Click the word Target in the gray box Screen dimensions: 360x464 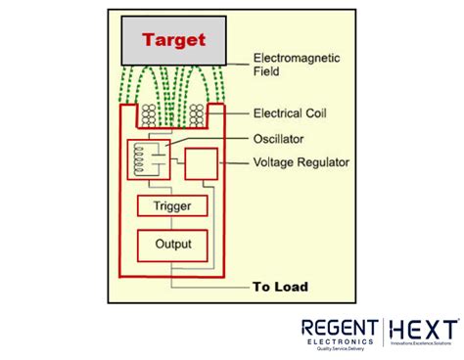click(173, 40)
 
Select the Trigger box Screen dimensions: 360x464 click(171, 206)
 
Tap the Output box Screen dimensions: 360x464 click(171, 245)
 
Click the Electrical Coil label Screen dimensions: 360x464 click(291, 112)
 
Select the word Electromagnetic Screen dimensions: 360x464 click(298, 58)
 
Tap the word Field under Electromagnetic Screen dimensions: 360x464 click(267, 71)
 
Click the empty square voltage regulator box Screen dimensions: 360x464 click(203, 162)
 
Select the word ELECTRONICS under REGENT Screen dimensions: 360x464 click(339, 342)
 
